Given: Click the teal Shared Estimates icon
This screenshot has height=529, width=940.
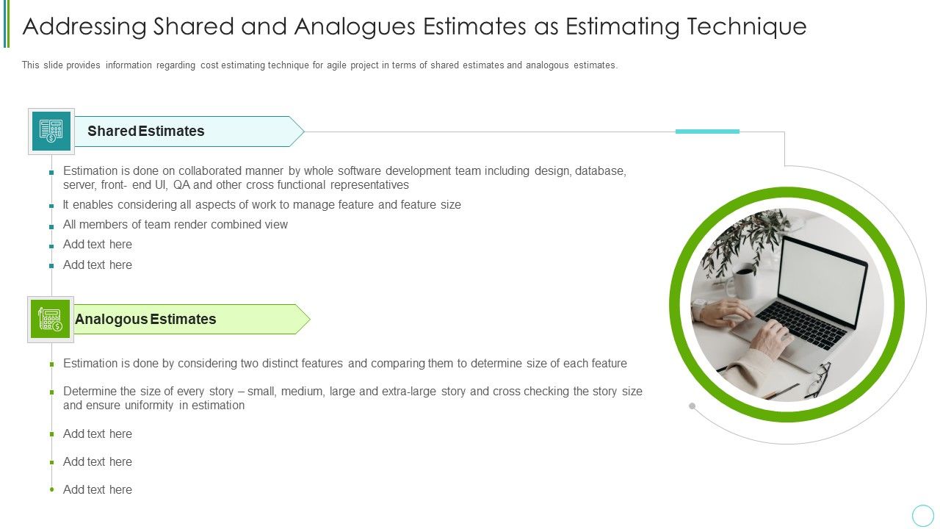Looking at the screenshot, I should (51, 132).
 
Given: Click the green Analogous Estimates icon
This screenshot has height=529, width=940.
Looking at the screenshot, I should (51, 320).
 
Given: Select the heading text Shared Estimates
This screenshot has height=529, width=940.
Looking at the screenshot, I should (145, 132).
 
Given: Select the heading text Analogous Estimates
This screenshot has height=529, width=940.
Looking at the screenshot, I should (145, 320).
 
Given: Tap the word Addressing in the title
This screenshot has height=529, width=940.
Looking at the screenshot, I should (84, 26).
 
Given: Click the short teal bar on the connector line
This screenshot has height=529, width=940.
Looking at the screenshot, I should (707, 132).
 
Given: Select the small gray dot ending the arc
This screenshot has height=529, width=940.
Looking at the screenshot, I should (692, 406).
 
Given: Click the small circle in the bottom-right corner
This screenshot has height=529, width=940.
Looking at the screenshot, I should (922, 515).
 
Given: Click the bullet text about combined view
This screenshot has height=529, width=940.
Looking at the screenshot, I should (176, 225).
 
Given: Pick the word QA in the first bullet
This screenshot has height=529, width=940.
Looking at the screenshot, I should (181, 185).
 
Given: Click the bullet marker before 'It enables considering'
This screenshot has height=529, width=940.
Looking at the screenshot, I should (51, 206).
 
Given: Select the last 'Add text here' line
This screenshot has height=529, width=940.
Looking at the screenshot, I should (98, 490).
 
